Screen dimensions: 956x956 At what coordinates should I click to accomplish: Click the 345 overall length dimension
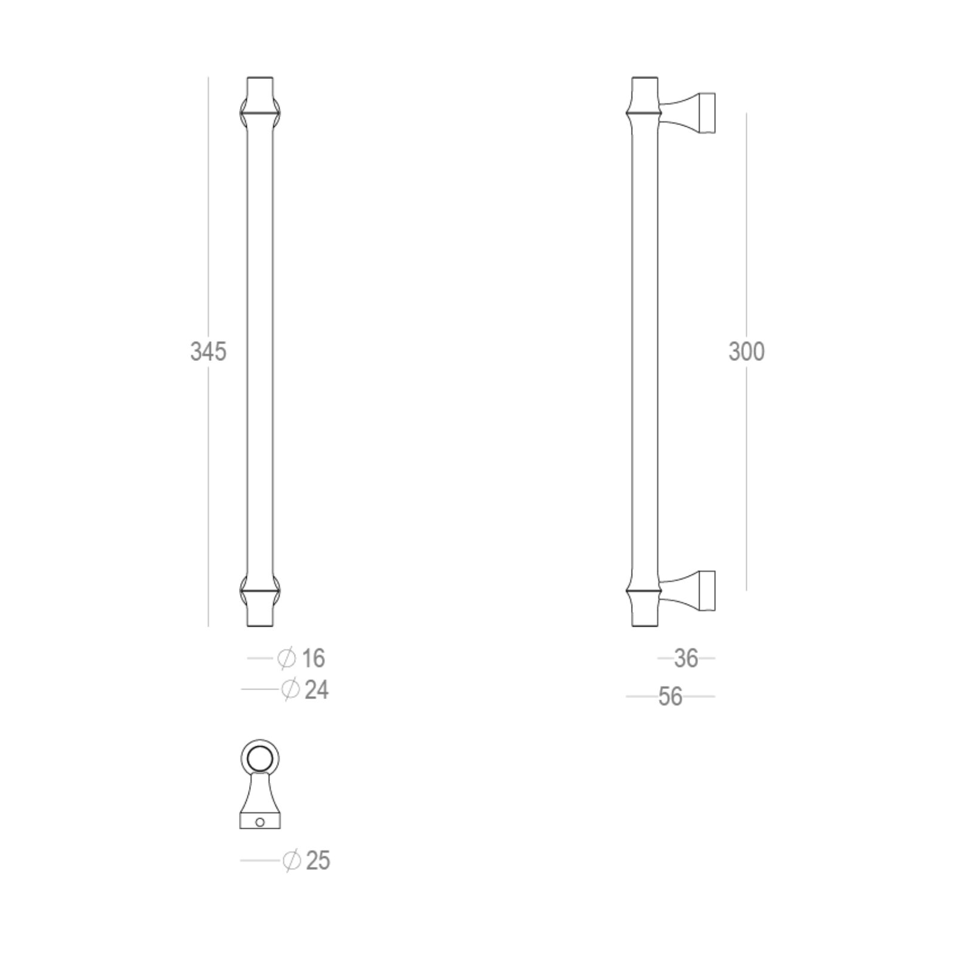[209, 352]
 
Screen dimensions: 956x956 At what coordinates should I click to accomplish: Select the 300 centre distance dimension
[746, 352]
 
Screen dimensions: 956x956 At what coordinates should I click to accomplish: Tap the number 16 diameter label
[313, 658]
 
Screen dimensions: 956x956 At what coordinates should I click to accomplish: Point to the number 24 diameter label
[317, 690]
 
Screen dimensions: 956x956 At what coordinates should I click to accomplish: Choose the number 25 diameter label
[318, 861]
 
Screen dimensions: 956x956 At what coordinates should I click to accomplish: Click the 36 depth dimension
[686, 658]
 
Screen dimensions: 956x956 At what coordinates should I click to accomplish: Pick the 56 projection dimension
[670, 697]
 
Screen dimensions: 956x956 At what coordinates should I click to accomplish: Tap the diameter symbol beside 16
[287, 658]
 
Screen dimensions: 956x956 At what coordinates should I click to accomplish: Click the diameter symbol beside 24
[290, 690]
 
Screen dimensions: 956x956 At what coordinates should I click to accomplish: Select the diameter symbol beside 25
[292, 861]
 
